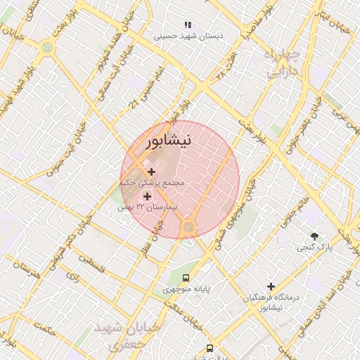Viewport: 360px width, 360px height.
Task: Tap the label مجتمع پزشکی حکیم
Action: (x=151, y=183)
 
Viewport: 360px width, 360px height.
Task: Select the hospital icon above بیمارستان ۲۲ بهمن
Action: (x=148, y=196)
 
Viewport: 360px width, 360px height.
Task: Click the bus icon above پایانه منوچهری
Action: (x=186, y=278)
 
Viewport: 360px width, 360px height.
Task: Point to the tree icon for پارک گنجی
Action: (x=314, y=236)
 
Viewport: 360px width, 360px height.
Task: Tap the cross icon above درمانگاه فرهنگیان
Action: (x=271, y=286)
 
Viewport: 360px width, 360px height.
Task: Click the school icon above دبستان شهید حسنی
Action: (x=187, y=25)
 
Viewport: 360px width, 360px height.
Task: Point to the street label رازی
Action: (x=72, y=276)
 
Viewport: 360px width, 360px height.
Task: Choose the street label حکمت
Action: (x=44, y=328)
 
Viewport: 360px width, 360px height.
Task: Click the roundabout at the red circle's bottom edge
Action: (x=188, y=227)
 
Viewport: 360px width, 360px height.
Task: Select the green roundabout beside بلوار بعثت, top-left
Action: (x=47, y=48)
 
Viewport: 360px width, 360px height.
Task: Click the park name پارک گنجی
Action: (x=314, y=247)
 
